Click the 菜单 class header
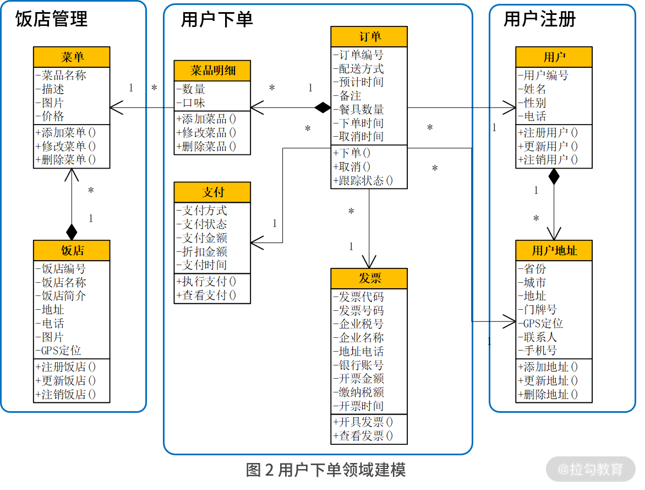pyautogui.click(x=72, y=57)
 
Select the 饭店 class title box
pyautogui.click(x=72, y=251)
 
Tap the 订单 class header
pyautogui.click(x=369, y=37)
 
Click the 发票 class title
pyautogui.click(x=369, y=278)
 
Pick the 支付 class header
pyautogui.click(x=212, y=192)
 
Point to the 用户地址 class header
pyautogui.click(x=554, y=251)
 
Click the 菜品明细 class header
pyautogui.click(x=212, y=71)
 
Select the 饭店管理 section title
pyautogui.click(x=51, y=20)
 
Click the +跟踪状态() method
pyautogui.click(x=363, y=180)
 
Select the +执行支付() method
pyautogui.click(x=206, y=282)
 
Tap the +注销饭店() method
pyautogui.click(x=65, y=394)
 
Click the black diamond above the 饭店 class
pyautogui.click(x=72, y=231)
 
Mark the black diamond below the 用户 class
pyautogui.click(x=554, y=176)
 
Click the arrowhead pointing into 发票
pyautogui.click(x=369, y=262)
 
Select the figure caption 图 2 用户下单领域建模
pyautogui.click(x=325, y=470)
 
